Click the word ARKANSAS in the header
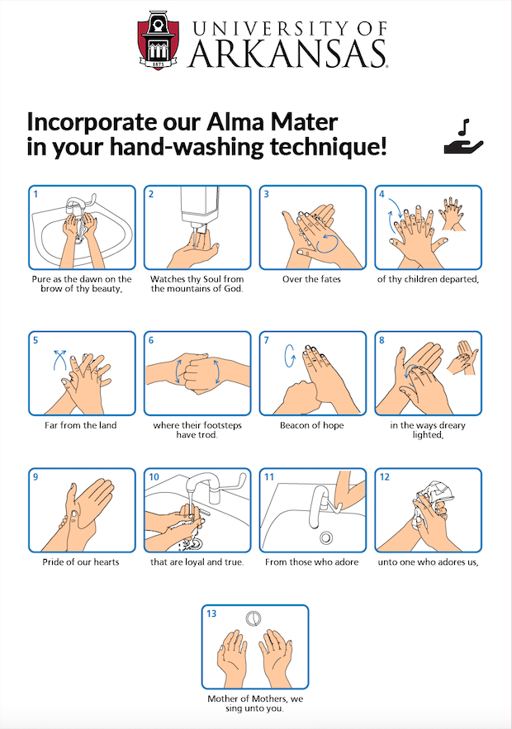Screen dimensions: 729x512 point(288,54)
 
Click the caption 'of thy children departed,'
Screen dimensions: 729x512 point(428,279)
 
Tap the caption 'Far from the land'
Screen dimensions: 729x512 point(81,425)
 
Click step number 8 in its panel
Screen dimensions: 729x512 point(382,339)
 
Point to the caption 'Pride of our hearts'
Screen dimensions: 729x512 point(81,562)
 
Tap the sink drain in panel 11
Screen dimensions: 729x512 point(325,537)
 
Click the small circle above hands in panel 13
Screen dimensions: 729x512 point(254,618)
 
